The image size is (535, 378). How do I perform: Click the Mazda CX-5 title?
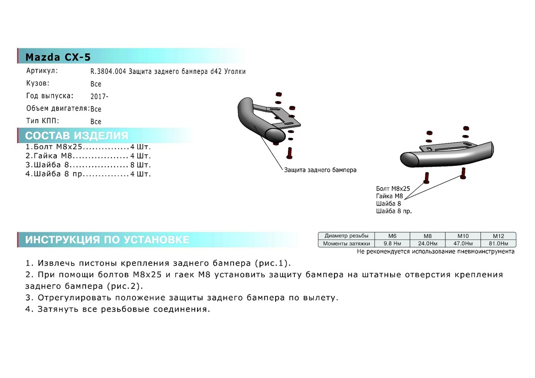click(x=58, y=57)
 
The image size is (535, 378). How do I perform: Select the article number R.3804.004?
click(x=108, y=71)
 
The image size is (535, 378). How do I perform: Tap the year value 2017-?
click(x=99, y=96)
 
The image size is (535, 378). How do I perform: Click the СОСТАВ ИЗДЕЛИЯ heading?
click(x=77, y=136)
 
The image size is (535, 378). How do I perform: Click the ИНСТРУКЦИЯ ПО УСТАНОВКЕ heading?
click(x=107, y=239)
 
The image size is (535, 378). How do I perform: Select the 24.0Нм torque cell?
click(x=428, y=243)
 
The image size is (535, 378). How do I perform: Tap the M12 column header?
click(x=498, y=236)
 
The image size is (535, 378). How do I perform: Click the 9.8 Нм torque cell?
click(x=392, y=243)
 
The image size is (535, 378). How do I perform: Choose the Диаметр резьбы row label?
click(x=346, y=236)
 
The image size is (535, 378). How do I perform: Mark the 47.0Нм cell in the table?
click(x=463, y=243)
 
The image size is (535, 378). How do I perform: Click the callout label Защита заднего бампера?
click(x=320, y=170)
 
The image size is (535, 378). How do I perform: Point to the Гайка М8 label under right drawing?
click(x=389, y=196)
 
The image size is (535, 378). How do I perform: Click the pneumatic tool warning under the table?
click(x=436, y=251)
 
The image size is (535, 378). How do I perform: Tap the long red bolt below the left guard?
click(x=289, y=153)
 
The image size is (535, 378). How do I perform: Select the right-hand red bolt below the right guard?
click(x=463, y=173)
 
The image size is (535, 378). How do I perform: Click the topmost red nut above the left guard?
click(x=279, y=94)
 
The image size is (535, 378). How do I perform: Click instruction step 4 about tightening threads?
click(x=118, y=309)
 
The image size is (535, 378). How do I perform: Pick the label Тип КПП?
click(x=42, y=121)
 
